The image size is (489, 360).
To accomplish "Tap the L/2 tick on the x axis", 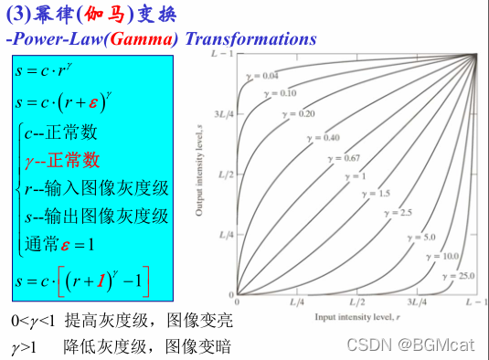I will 356,301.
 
